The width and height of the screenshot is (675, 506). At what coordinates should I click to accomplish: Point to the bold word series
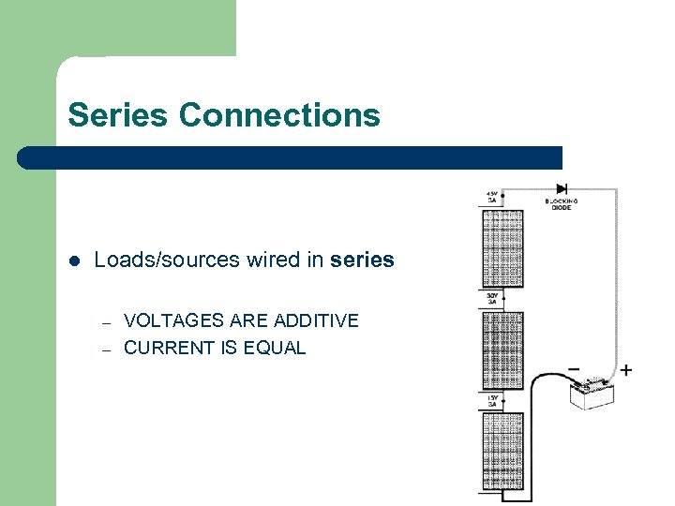(362, 260)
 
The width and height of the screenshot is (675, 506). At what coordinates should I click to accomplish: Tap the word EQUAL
(274, 348)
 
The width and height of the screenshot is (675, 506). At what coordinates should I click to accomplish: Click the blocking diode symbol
(562, 188)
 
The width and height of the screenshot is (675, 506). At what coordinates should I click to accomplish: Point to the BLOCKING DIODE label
(561, 204)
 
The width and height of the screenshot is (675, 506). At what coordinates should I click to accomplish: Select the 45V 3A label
(492, 197)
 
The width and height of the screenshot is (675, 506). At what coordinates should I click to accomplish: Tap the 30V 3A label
(492, 299)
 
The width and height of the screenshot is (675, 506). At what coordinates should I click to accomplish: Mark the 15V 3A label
(492, 400)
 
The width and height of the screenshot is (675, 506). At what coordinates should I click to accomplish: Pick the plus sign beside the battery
(625, 370)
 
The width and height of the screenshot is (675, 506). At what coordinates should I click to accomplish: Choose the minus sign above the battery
(573, 368)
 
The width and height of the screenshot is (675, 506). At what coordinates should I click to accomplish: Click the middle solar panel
(502, 349)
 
